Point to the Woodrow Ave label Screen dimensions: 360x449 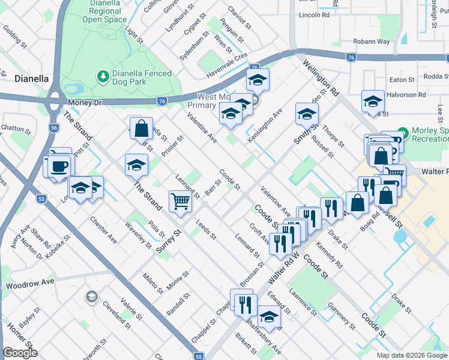[30, 281]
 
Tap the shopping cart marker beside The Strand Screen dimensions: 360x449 [180, 202]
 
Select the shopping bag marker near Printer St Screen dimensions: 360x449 [141, 128]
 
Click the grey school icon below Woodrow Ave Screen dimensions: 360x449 [91, 296]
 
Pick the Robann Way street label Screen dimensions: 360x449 [370, 41]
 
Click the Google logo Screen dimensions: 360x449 [20, 353]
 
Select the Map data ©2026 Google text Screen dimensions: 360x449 [411, 355]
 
